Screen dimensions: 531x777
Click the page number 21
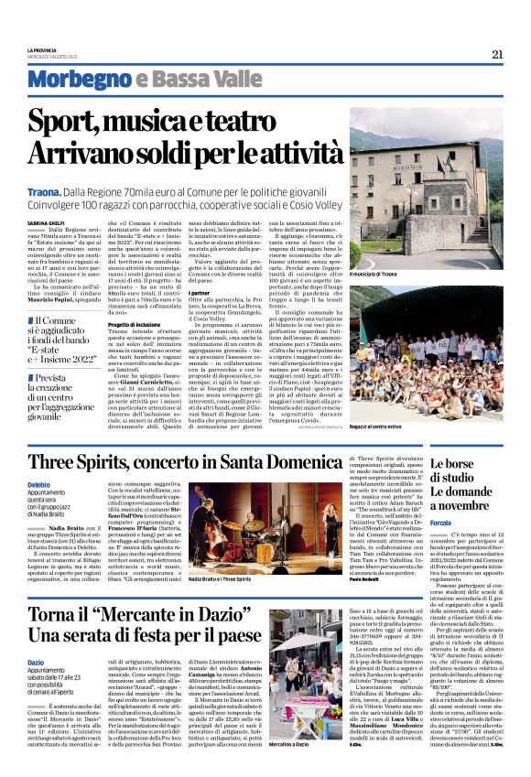pyautogui.click(x=497, y=54)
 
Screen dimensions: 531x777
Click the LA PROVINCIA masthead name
pyautogui.click(x=41, y=49)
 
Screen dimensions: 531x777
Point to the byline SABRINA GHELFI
pyautogui.click(x=45, y=220)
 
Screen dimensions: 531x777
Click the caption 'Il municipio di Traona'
pyautogui.click(x=374, y=273)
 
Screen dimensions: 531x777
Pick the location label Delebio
pyautogui.click(x=39, y=483)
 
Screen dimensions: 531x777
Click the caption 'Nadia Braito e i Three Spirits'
pyautogui.click(x=225, y=578)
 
